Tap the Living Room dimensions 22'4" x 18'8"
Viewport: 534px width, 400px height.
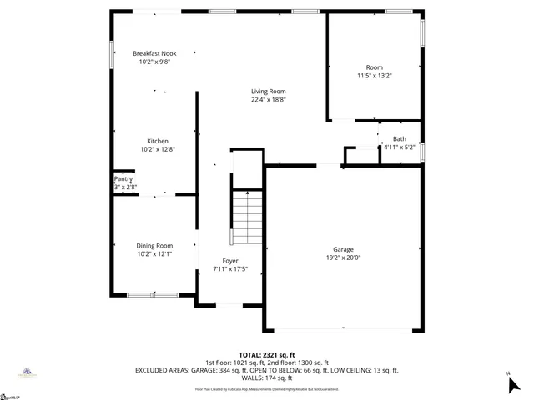(x=269, y=99)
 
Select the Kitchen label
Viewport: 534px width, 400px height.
(x=158, y=141)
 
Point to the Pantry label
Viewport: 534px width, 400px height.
(x=123, y=178)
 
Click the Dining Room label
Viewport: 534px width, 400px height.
(x=154, y=245)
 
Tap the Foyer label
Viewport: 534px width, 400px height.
(x=230, y=261)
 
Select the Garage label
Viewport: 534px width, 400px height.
(x=343, y=249)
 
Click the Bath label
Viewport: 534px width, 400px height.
(x=400, y=139)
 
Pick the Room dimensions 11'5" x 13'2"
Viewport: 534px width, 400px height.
(x=374, y=76)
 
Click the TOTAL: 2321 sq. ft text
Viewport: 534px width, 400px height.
(x=266, y=354)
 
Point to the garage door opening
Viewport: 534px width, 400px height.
(x=343, y=330)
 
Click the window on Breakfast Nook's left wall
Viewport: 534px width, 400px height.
(x=113, y=55)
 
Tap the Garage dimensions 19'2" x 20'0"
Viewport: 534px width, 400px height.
(x=343, y=257)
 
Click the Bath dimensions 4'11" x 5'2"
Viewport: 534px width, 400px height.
(x=400, y=147)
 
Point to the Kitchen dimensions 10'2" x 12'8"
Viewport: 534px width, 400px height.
(x=158, y=149)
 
